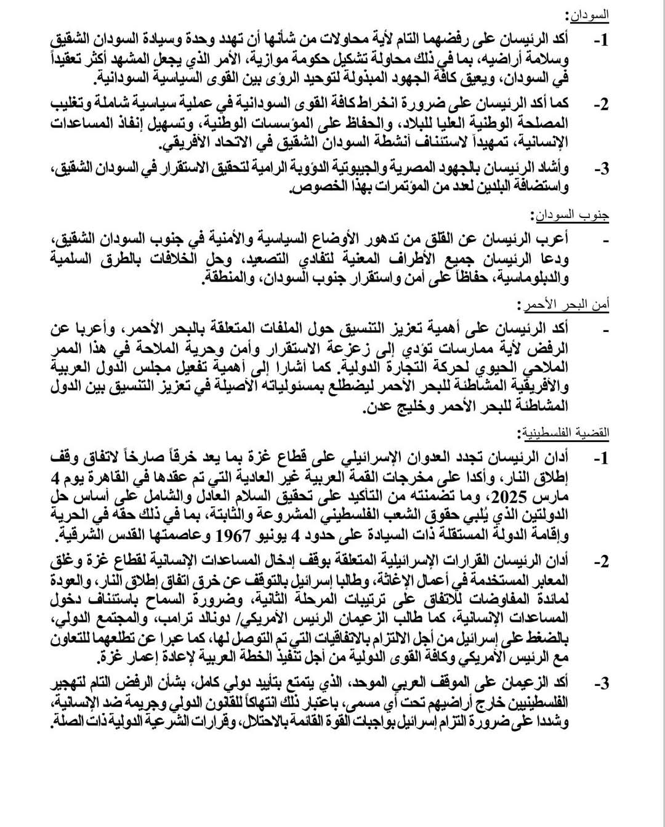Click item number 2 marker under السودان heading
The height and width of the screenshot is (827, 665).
[x=601, y=104]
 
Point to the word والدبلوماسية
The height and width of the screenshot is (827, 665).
[x=531, y=278]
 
